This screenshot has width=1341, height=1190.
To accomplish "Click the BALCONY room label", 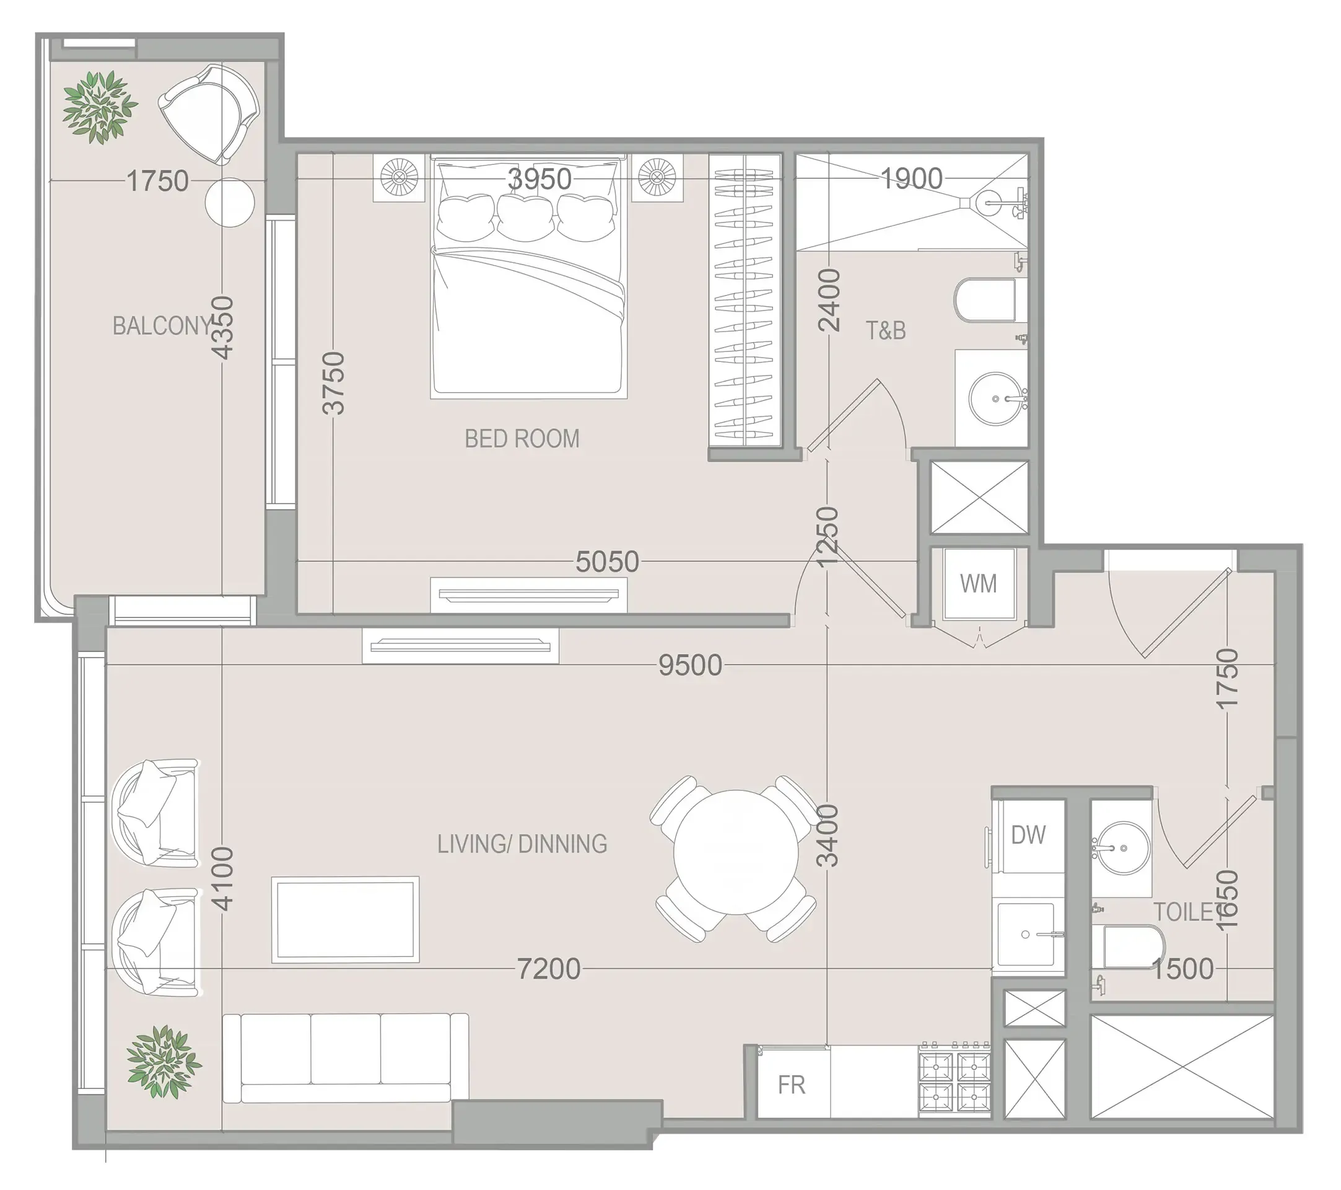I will pos(162,326).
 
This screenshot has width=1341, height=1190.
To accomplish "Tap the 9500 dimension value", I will pos(690,666).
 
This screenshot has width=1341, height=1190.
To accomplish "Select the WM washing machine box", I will pos(978,583).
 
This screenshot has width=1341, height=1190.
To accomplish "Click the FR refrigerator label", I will pos(791,1085).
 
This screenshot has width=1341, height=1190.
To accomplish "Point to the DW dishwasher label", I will pos(1028,835).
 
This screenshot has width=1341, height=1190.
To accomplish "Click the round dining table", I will pos(735,853).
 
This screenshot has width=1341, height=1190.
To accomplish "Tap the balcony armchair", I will pos(210,113).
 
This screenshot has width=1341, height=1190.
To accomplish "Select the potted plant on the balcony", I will pos(100,108).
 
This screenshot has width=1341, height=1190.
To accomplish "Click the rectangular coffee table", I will pos(345,919).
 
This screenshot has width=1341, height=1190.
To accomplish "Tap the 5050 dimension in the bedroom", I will pos(607,562).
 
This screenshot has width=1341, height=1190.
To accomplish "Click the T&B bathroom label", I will pos(886,330).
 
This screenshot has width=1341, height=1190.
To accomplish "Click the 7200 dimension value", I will pos(548,969).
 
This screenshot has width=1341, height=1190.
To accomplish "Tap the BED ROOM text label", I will pos(522,438).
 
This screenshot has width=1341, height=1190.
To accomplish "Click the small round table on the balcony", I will pos(229,202).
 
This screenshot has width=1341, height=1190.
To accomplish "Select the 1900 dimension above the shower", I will pos(911,178).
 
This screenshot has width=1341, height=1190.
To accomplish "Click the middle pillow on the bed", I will pos(525,216).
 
